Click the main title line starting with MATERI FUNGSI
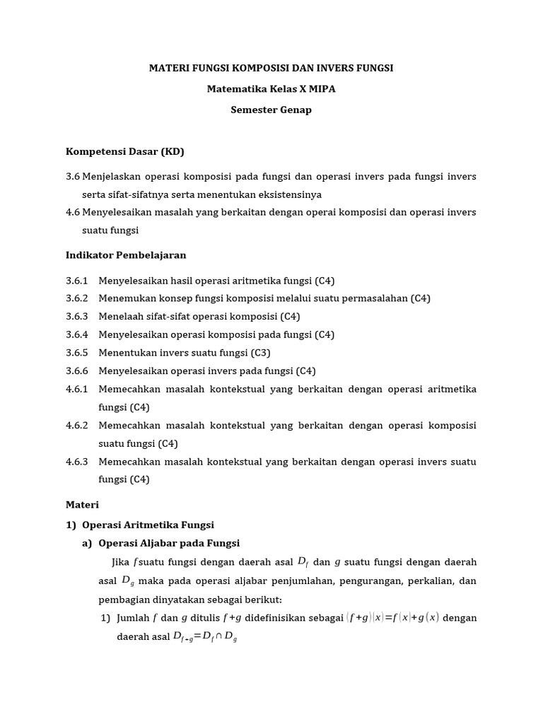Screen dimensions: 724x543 coord(271,68)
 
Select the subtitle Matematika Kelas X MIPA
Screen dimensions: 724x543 coord(271,89)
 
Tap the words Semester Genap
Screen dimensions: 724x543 coord(271,110)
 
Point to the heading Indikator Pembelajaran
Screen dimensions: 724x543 coord(126,255)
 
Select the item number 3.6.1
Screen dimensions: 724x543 coord(77,280)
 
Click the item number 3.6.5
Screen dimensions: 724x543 coord(77,352)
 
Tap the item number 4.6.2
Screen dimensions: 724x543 coord(77,426)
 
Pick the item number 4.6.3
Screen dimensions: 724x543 coord(77,462)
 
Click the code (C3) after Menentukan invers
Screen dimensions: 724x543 coord(262,352)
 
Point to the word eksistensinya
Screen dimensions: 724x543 coord(291,194)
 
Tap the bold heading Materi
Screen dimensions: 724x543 coord(83,505)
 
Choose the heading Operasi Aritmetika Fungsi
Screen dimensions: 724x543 coord(148,525)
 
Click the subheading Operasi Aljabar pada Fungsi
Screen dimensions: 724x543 coord(169,543)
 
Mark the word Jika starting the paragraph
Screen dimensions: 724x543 coord(122,562)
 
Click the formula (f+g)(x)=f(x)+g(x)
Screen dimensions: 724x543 coord(392,617)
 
